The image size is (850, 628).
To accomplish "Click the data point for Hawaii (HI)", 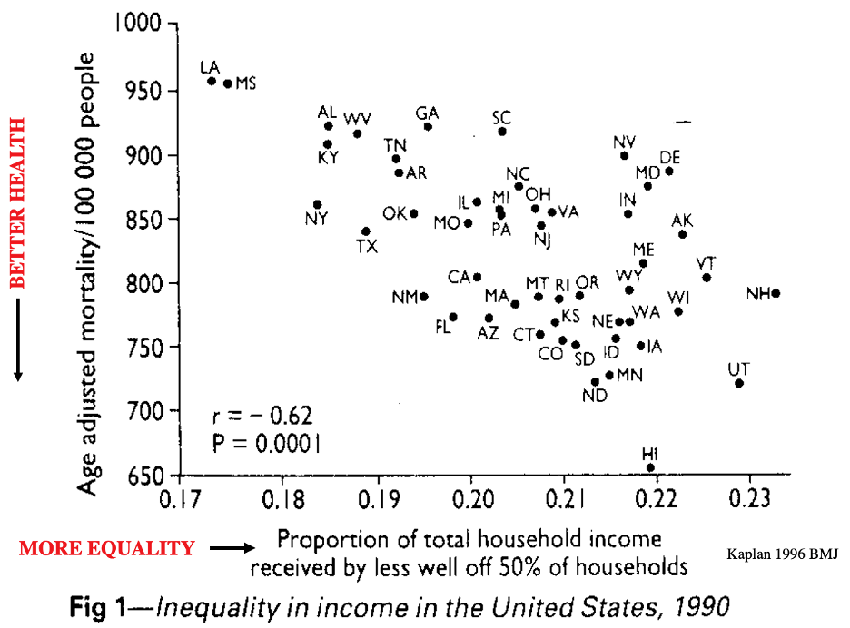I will pyautogui.click(x=650, y=467).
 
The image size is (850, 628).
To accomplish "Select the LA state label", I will pyautogui.click(x=210, y=67).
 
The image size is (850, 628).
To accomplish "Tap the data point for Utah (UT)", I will pyautogui.click(x=739, y=383).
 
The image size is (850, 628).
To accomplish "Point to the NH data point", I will pyautogui.click(x=776, y=293).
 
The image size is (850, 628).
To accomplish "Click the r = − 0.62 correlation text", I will pyautogui.click(x=262, y=417).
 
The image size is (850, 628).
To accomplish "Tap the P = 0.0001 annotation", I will pyautogui.click(x=266, y=444).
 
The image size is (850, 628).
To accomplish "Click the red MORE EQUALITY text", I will pyautogui.click(x=107, y=548).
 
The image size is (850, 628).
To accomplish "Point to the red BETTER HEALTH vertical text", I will pyautogui.click(x=17, y=204).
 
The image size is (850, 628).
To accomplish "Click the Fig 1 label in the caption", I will pyautogui.click(x=99, y=605).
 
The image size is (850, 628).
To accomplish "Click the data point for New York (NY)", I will pyautogui.click(x=317, y=205).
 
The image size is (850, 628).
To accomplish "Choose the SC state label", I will pyautogui.click(x=501, y=117).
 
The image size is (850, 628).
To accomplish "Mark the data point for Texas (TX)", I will pyautogui.click(x=365, y=231).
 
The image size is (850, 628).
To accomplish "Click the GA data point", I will pyautogui.click(x=428, y=126).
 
